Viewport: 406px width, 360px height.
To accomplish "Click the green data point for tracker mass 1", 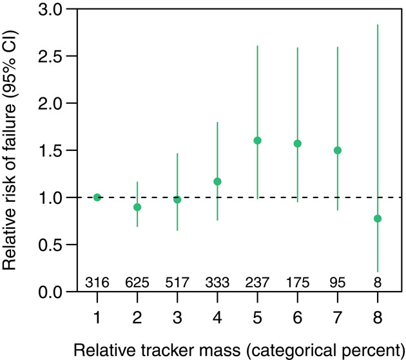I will [x=97, y=197].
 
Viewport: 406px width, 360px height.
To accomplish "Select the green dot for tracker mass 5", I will [x=258, y=140].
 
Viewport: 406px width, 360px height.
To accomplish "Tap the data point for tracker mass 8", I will [x=378, y=218].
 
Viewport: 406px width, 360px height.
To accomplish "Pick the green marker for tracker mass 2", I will [x=137, y=207].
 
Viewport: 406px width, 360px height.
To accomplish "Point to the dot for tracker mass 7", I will [x=338, y=150].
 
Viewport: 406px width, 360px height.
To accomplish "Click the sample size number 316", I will [x=97, y=282].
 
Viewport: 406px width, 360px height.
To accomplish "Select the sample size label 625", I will [x=137, y=282].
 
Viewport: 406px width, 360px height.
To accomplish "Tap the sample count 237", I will [x=258, y=282].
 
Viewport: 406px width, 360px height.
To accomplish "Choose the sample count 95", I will [x=338, y=282].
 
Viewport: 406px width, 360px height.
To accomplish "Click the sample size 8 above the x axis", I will [x=378, y=282].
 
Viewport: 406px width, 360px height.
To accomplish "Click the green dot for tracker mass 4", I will [x=217, y=181].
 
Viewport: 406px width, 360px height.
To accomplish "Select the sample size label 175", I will [x=298, y=282].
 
